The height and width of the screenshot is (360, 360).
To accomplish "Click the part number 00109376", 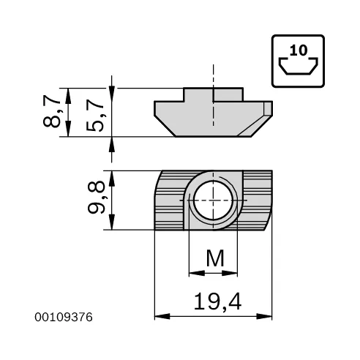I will (x=65, y=317).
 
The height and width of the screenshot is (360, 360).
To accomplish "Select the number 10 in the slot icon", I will (x=298, y=51).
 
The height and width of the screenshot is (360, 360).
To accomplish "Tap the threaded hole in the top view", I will (x=213, y=200).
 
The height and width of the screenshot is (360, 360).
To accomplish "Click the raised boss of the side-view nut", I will (x=213, y=94).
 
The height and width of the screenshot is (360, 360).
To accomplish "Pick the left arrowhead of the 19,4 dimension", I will (x=160, y=317).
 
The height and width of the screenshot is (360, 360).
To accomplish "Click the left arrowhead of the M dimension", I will (x=193, y=274).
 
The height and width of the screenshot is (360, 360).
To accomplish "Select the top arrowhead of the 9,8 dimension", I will (x=111, y=176).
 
